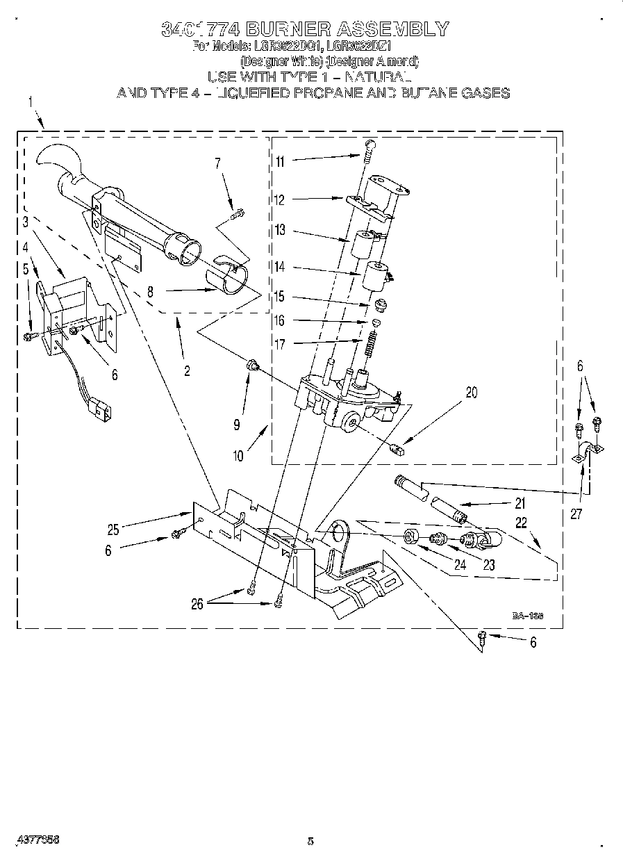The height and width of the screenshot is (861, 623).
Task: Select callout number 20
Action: [x=472, y=393]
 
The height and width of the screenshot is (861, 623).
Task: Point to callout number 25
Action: [x=113, y=530]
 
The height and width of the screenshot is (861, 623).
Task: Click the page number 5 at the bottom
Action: [x=310, y=842]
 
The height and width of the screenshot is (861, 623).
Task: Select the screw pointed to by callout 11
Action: [x=369, y=148]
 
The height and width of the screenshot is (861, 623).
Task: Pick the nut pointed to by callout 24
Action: [x=410, y=536]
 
